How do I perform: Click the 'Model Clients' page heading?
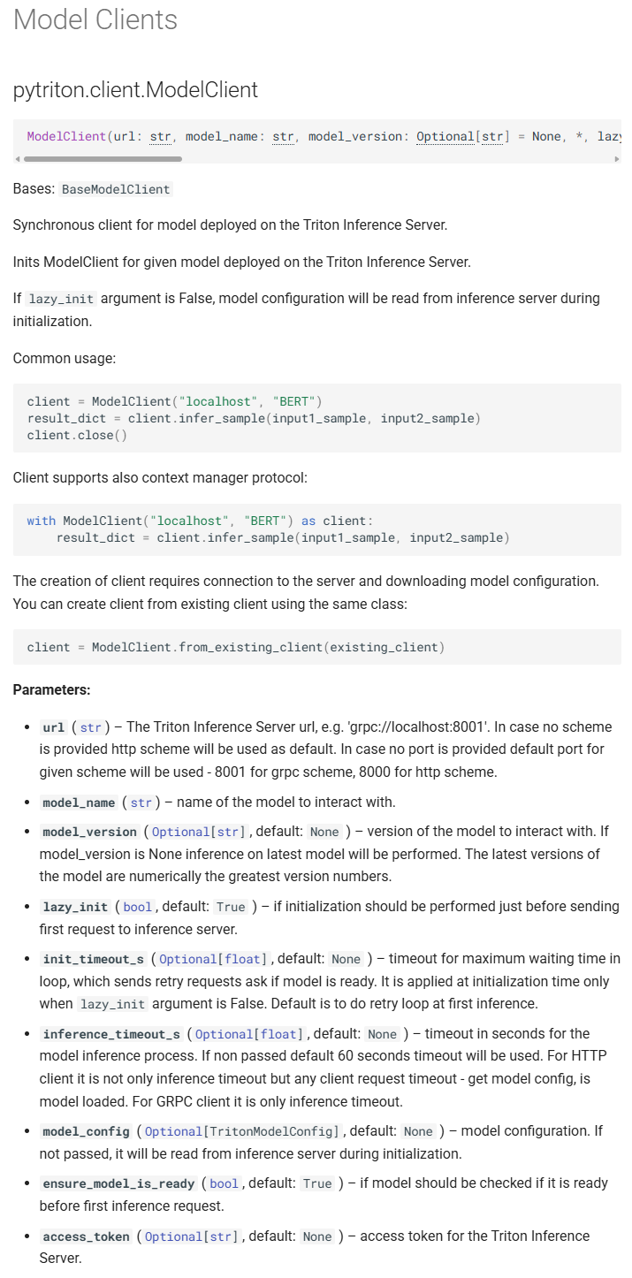pyautogui.click(x=95, y=19)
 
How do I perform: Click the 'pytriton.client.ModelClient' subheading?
pyautogui.click(x=135, y=89)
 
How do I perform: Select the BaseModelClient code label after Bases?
pyautogui.click(x=116, y=189)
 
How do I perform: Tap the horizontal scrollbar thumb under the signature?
pyautogui.click(x=103, y=159)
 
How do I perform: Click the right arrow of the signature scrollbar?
pyautogui.click(x=616, y=159)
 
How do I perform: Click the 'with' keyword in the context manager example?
pyautogui.click(x=41, y=521)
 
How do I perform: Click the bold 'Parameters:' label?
pyautogui.click(x=51, y=689)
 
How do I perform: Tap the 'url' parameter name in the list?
pyautogui.click(x=54, y=728)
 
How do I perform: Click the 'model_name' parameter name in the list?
pyautogui.click(x=79, y=803)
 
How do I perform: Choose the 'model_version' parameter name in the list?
pyautogui.click(x=89, y=832)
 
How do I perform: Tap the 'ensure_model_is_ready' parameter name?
pyautogui.click(x=118, y=1183)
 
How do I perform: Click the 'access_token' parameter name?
pyautogui.click(x=86, y=1236)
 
